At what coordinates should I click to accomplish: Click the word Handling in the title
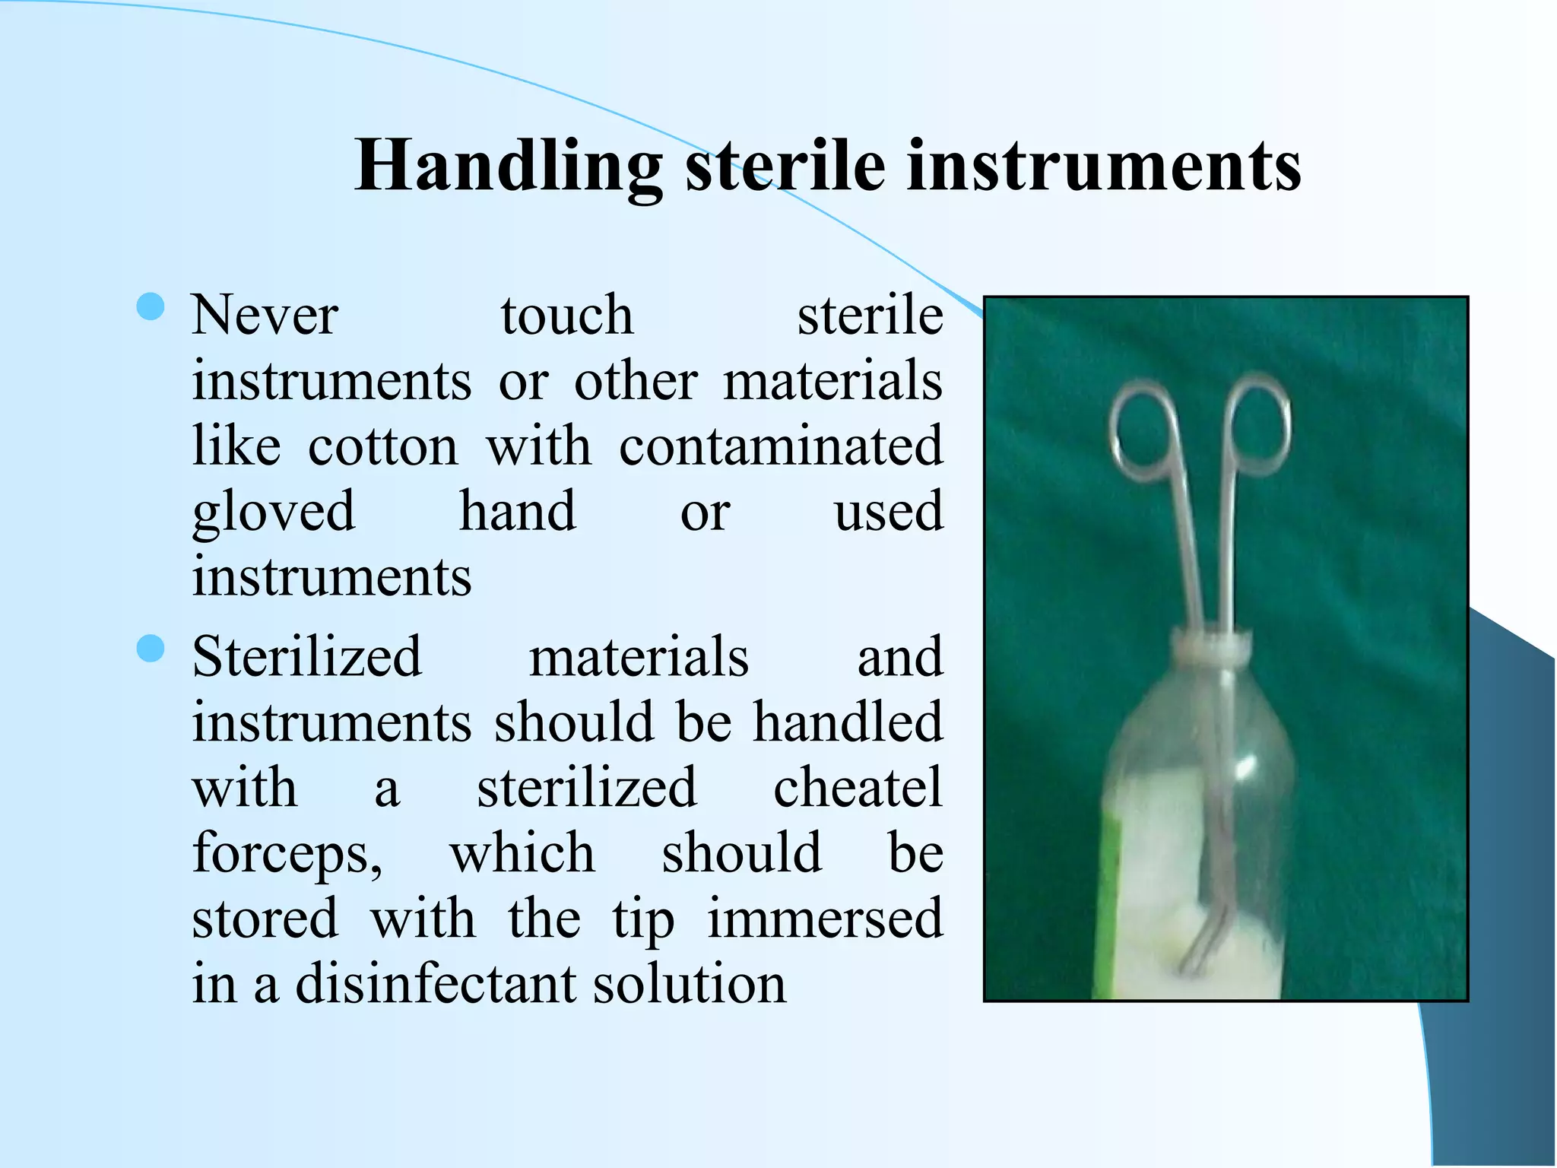[508, 167]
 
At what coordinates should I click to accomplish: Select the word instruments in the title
[1104, 167]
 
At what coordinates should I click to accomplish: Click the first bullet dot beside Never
[151, 307]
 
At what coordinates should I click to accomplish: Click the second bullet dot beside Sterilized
[151, 649]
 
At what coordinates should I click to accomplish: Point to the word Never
[265, 316]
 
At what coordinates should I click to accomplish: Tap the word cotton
[383, 447]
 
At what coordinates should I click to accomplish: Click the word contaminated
[781, 447]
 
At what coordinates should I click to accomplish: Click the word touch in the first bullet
[567, 316]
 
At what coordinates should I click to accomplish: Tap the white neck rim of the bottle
[1211, 647]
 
